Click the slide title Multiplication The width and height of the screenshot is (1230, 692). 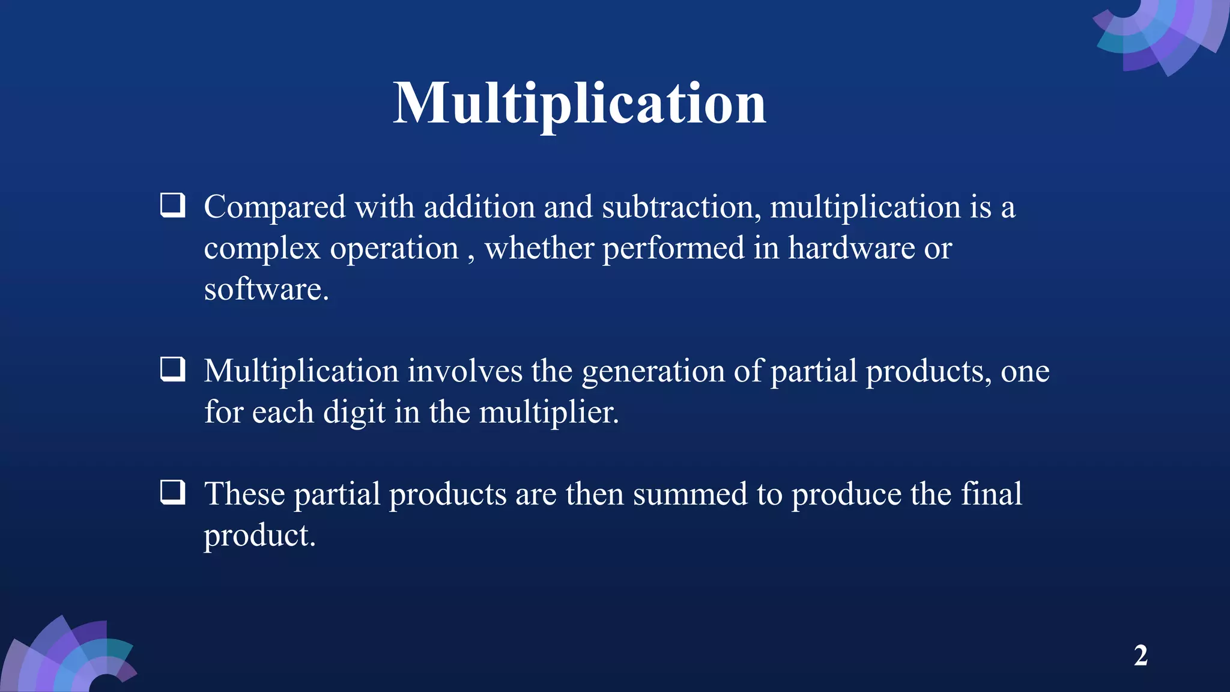click(x=580, y=103)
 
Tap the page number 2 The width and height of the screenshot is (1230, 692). click(x=1141, y=655)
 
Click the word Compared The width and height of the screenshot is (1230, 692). click(x=274, y=208)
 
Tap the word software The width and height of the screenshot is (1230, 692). click(x=265, y=290)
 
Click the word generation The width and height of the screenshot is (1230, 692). click(x=653, y=372)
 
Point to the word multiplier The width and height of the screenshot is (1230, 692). click(x=548, y=413)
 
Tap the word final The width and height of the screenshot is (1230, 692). click(x=991, y=494)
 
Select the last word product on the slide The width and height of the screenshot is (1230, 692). click(x=259, y=536)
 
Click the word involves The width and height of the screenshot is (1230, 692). click(x=465, y=371)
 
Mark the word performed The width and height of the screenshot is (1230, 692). click(x=673, y=249)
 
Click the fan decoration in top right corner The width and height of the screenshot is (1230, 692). click(x=1162, y=33)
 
